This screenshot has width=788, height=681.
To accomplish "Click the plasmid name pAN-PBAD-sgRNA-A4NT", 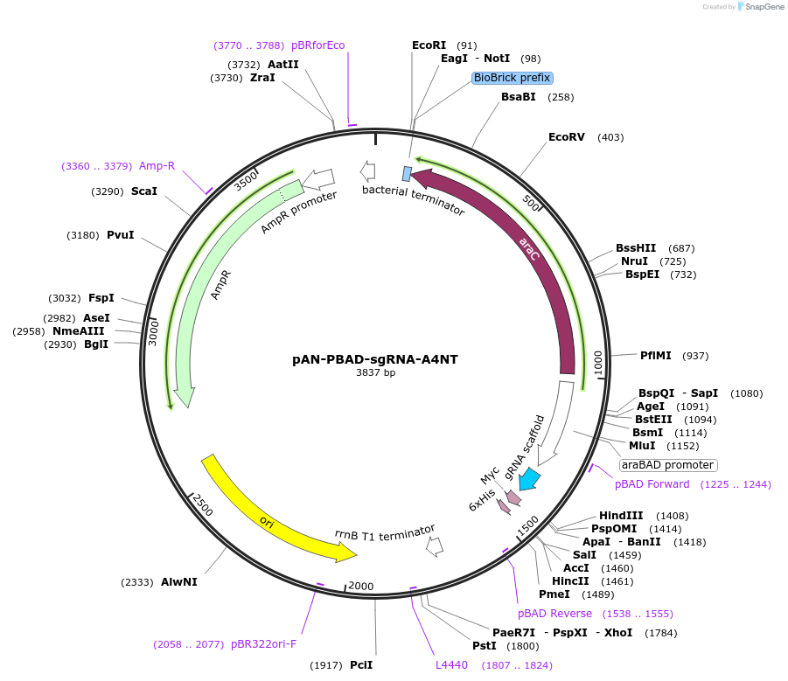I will click(x=375, y=358).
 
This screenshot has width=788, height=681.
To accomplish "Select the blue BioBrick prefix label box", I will click(x=512, y=78).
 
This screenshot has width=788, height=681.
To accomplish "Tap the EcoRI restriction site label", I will click(x=429, y=45).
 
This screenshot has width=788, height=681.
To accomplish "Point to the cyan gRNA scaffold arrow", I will click(x=530, y=477).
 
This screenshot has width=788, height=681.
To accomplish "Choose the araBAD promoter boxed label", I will click(x=668, y=465).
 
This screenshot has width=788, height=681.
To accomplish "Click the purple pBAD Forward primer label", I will click(x=652, y=484).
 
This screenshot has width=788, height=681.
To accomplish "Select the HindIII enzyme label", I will click(x=621, y=516).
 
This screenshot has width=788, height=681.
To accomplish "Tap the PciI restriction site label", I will click(x=361, y=665).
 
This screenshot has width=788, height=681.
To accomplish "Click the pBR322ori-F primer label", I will click(x=263, y=644).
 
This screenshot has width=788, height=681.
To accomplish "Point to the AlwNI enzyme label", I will click(x=179, y=582).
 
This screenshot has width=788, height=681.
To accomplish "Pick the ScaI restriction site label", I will click(x=144, y=191).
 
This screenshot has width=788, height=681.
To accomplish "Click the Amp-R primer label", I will click(x=157, y=166).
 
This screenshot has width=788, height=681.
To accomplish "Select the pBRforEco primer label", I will click(x=317, y=45).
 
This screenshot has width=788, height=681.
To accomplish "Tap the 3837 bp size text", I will click(x=375, y=372).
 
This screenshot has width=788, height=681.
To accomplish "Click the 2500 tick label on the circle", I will click(x=203, y=504).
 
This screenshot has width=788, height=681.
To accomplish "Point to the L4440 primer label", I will click(x=452, y=665).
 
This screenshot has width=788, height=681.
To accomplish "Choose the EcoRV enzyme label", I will click(x=567, y=137).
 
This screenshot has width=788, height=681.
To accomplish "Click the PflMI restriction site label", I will click(x=656, y=356).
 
